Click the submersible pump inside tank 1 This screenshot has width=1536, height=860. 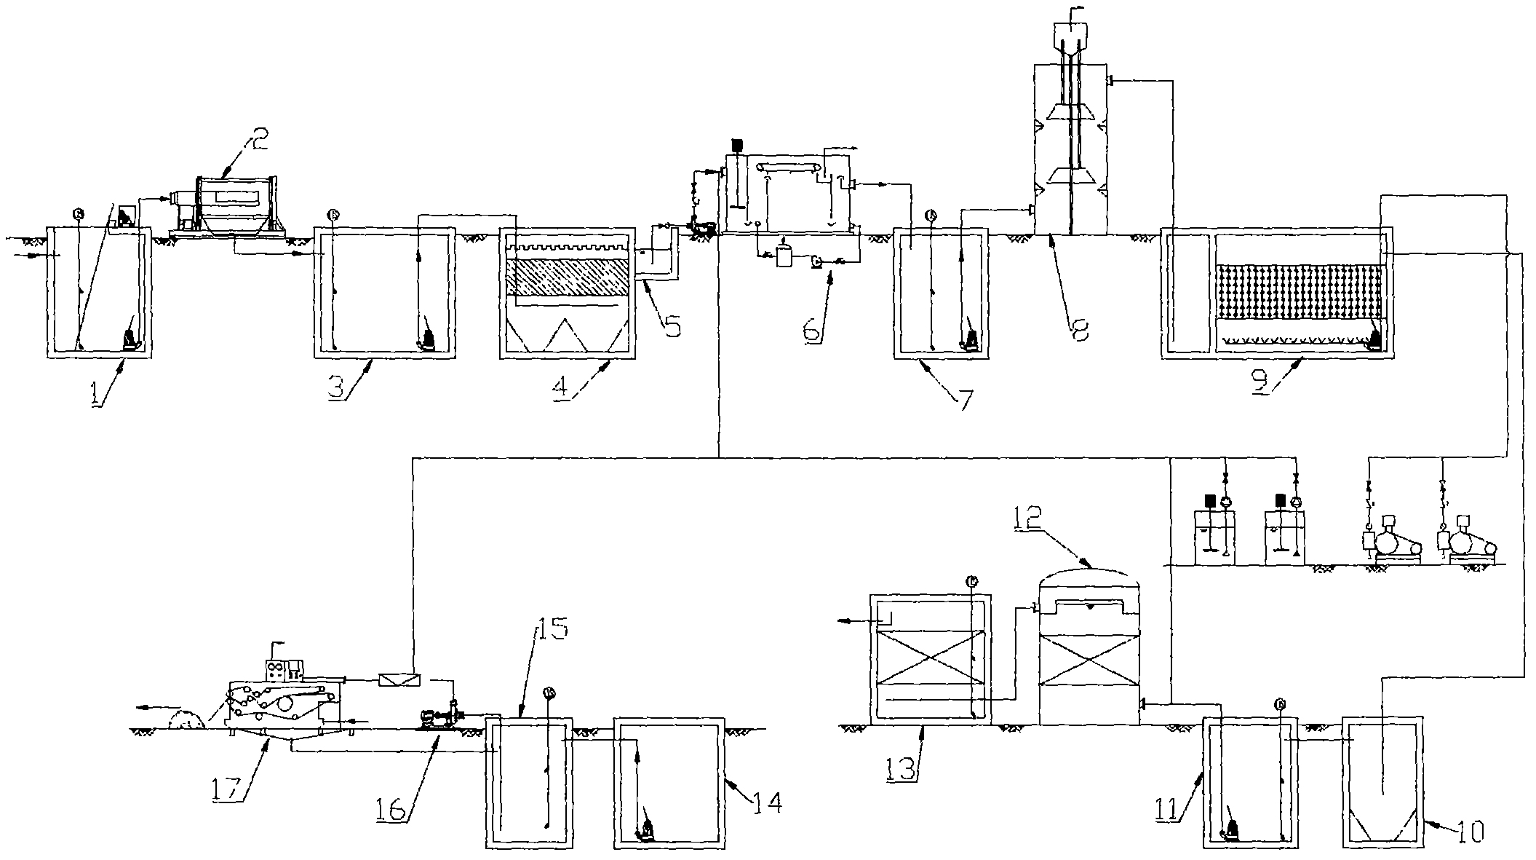pyautogui.click(x=131, y=339)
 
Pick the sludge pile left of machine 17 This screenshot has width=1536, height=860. pyautogui.click(x=186, y=720)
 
